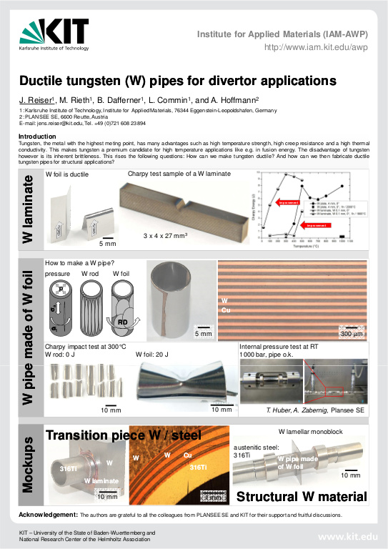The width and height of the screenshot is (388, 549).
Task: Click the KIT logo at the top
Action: pos(54,34)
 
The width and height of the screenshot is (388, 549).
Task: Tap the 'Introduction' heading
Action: pos(36,136)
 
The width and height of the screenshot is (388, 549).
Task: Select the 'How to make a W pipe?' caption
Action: pos(80,262)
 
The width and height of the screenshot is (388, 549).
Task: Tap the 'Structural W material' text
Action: pos(302,496)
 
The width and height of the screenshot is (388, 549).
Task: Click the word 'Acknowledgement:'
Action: pos(48,515)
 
